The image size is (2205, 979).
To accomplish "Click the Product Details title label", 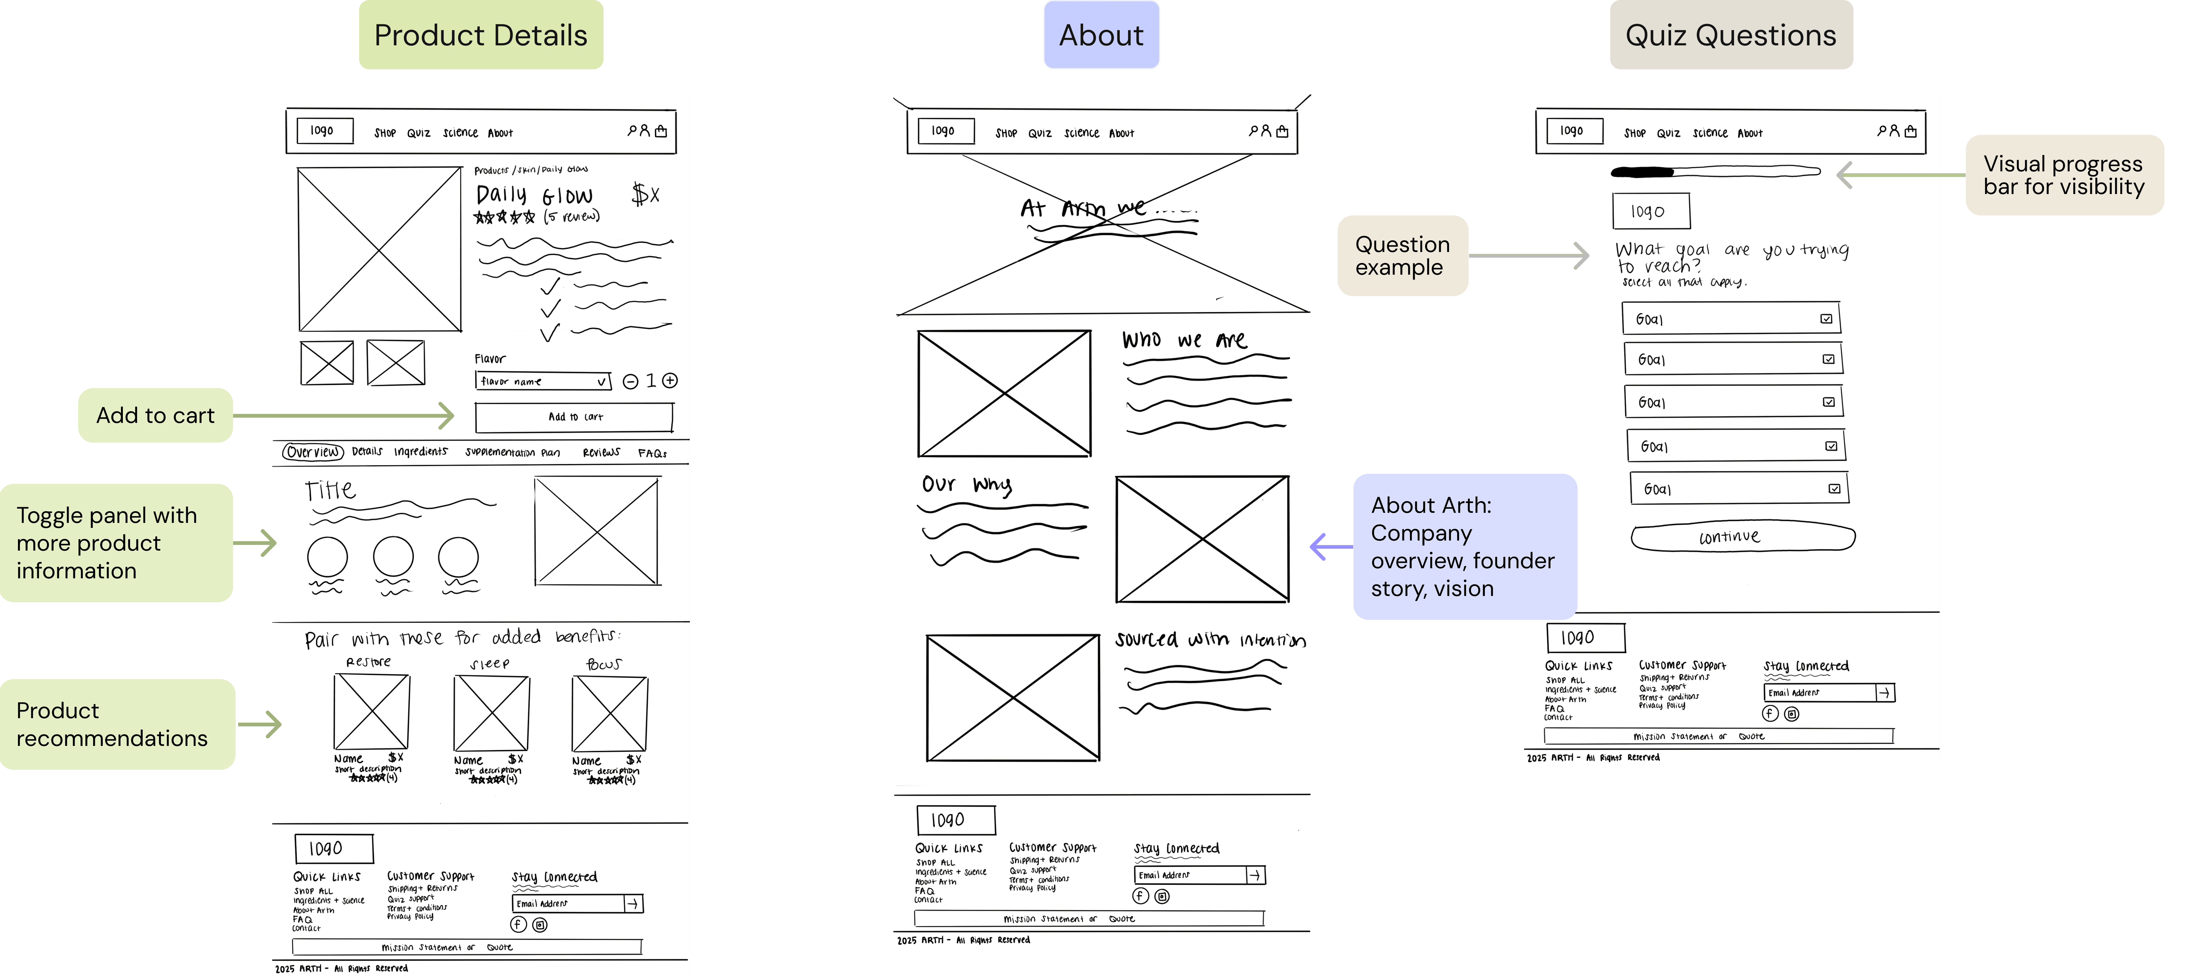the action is (x=480, y=35).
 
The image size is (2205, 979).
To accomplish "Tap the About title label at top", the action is (x=1101, y=35).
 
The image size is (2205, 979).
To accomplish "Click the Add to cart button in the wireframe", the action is (x=574, y=417).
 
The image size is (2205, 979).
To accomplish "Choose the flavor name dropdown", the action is (x=543, y=381).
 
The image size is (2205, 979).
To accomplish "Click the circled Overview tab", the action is (x=313, y=452).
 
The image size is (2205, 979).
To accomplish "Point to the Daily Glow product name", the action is (x=534, y=195).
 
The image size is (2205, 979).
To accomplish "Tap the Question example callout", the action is (x=1402, y=256).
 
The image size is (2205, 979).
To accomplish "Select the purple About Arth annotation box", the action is (x=1464, y=547).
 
